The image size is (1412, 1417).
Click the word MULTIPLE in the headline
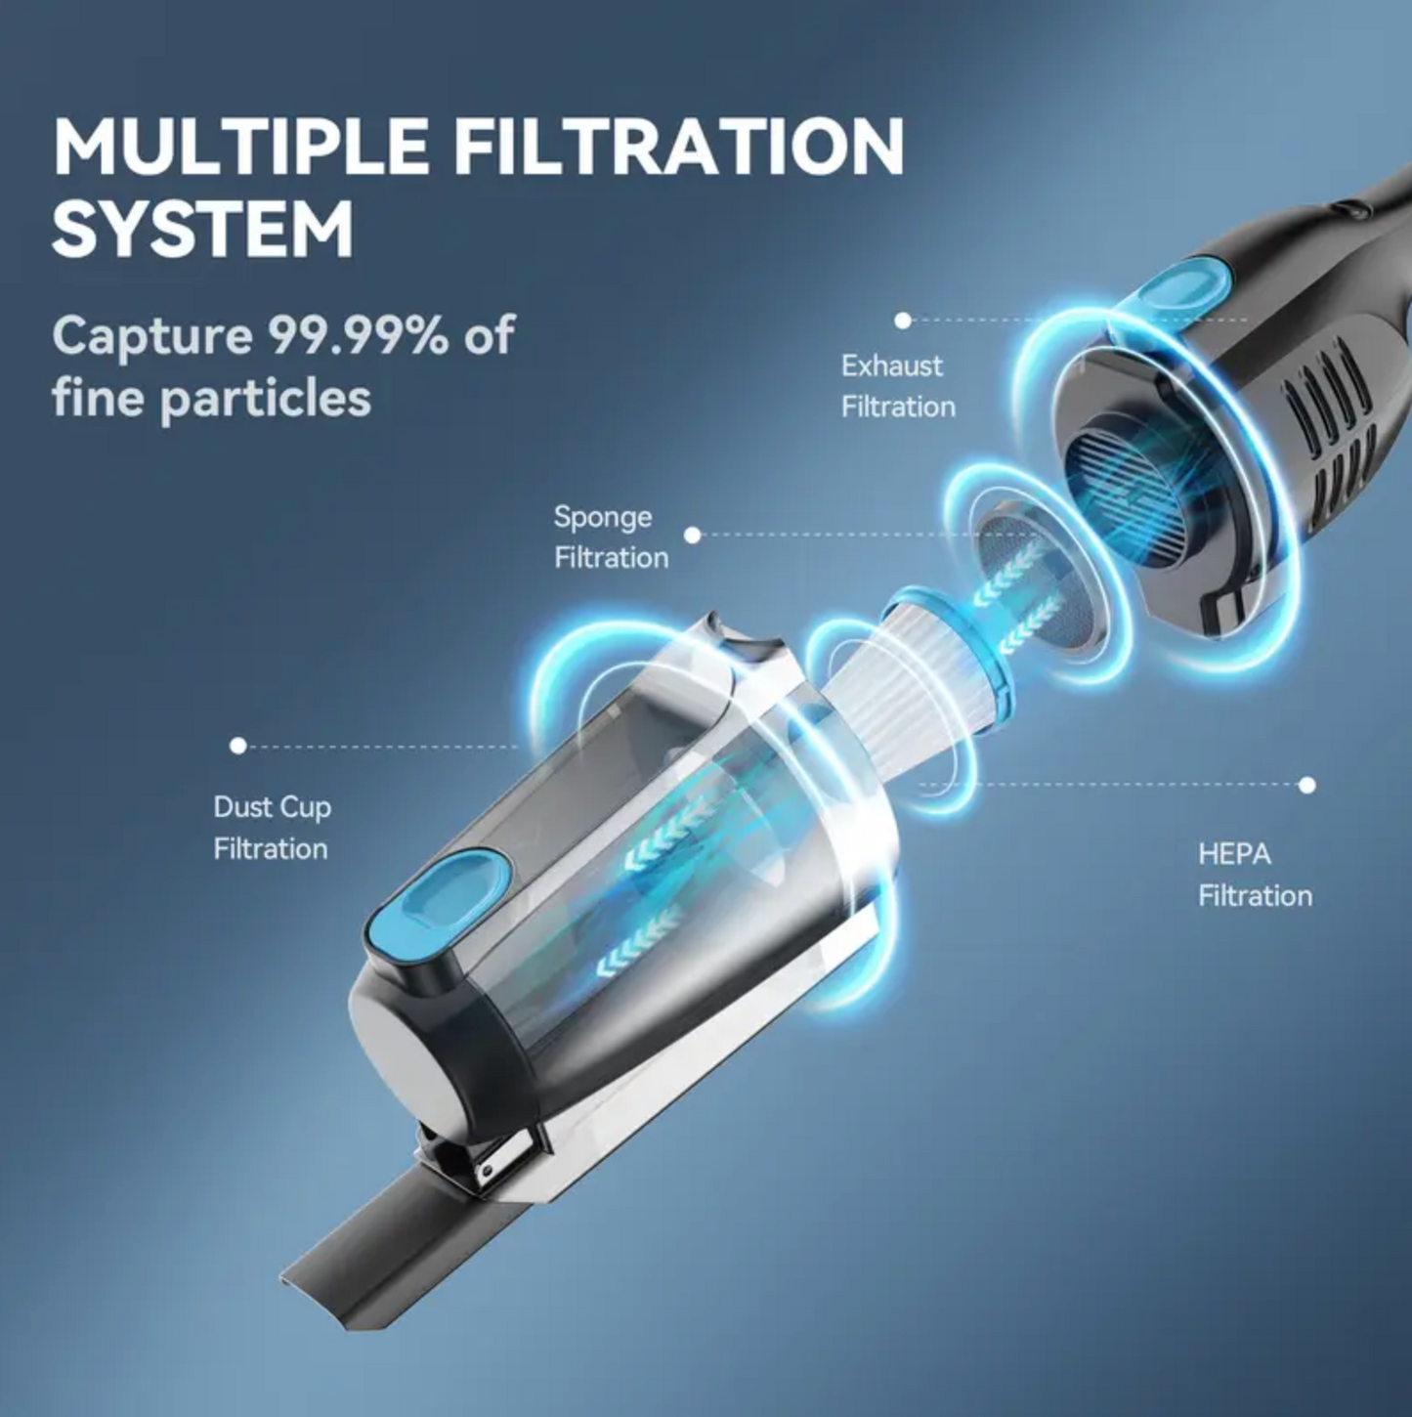240,148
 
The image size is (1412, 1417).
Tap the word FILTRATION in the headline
678,148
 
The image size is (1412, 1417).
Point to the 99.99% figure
358,335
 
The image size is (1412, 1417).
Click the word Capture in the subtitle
152,335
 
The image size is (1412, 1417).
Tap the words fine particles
211,398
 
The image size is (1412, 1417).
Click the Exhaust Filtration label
897,386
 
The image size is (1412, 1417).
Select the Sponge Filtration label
611,537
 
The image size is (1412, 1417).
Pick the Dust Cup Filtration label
272,827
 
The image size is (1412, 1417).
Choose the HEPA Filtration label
1255,875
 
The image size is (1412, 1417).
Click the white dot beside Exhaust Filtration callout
903,321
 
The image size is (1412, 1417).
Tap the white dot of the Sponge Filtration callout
693,535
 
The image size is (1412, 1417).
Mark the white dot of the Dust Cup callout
237,746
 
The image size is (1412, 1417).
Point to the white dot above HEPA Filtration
1307,785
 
